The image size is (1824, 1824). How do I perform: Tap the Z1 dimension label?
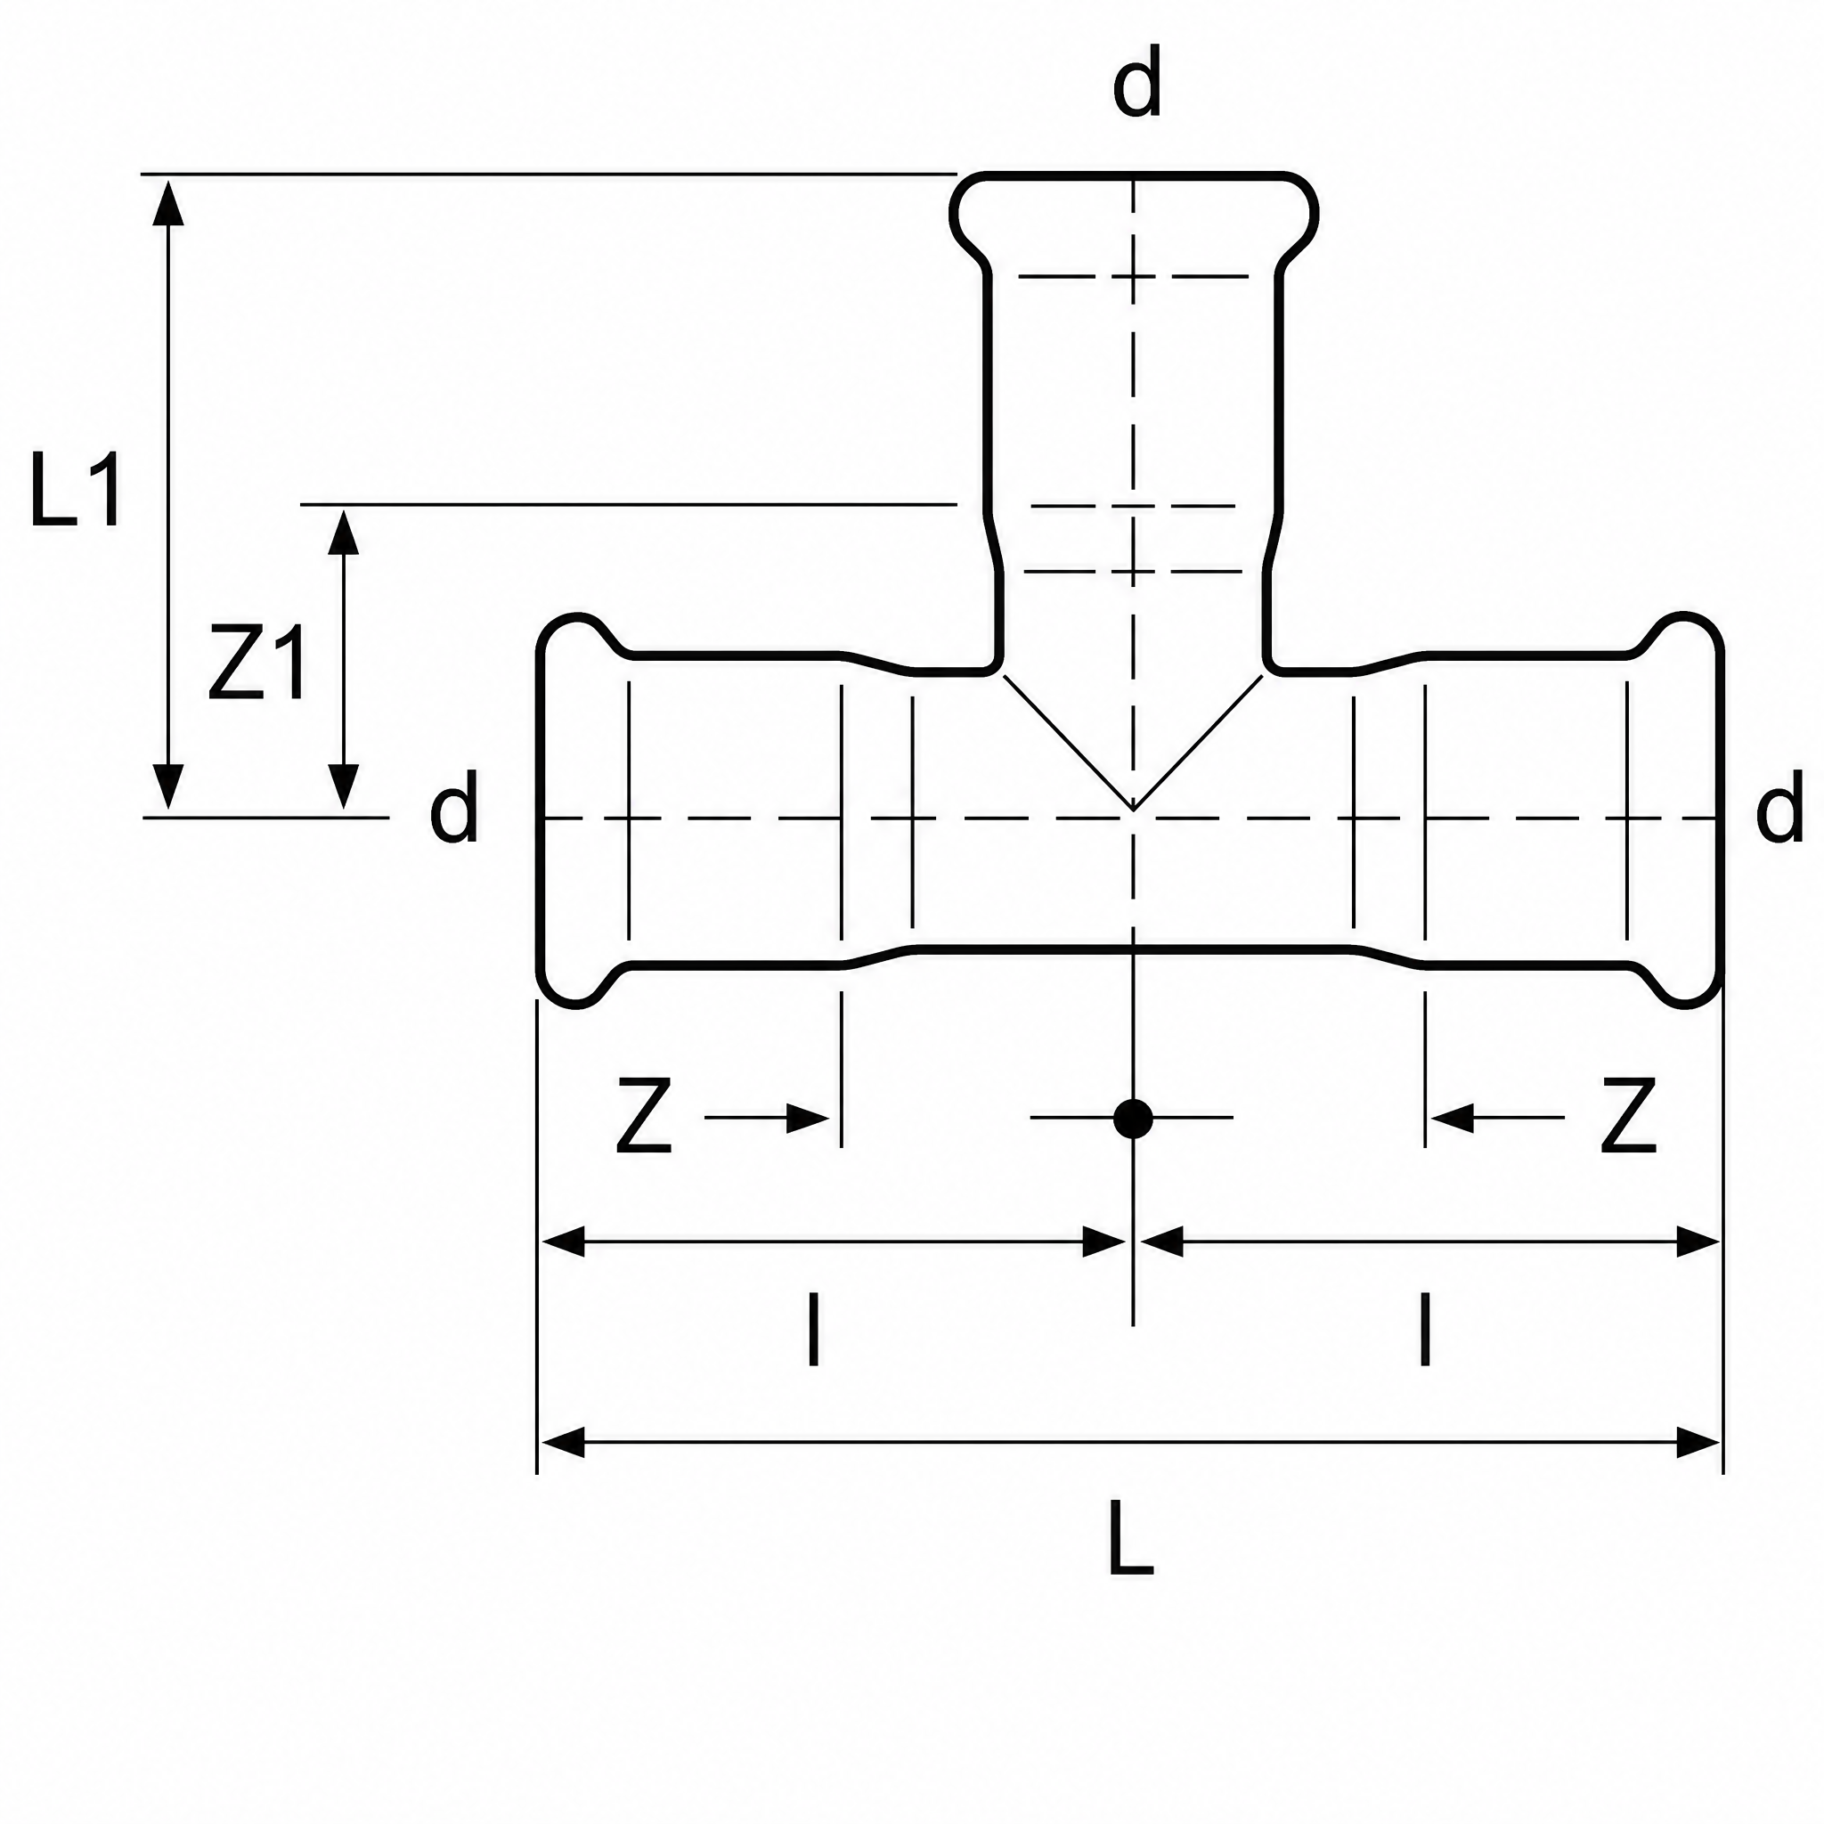point(257,662)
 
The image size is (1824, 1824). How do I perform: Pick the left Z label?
point(644,1117)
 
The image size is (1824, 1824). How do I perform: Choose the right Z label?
point(1629,1117)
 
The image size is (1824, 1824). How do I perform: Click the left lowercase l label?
point(813,1331)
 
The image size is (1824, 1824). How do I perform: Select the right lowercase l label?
point(1426,1331)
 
